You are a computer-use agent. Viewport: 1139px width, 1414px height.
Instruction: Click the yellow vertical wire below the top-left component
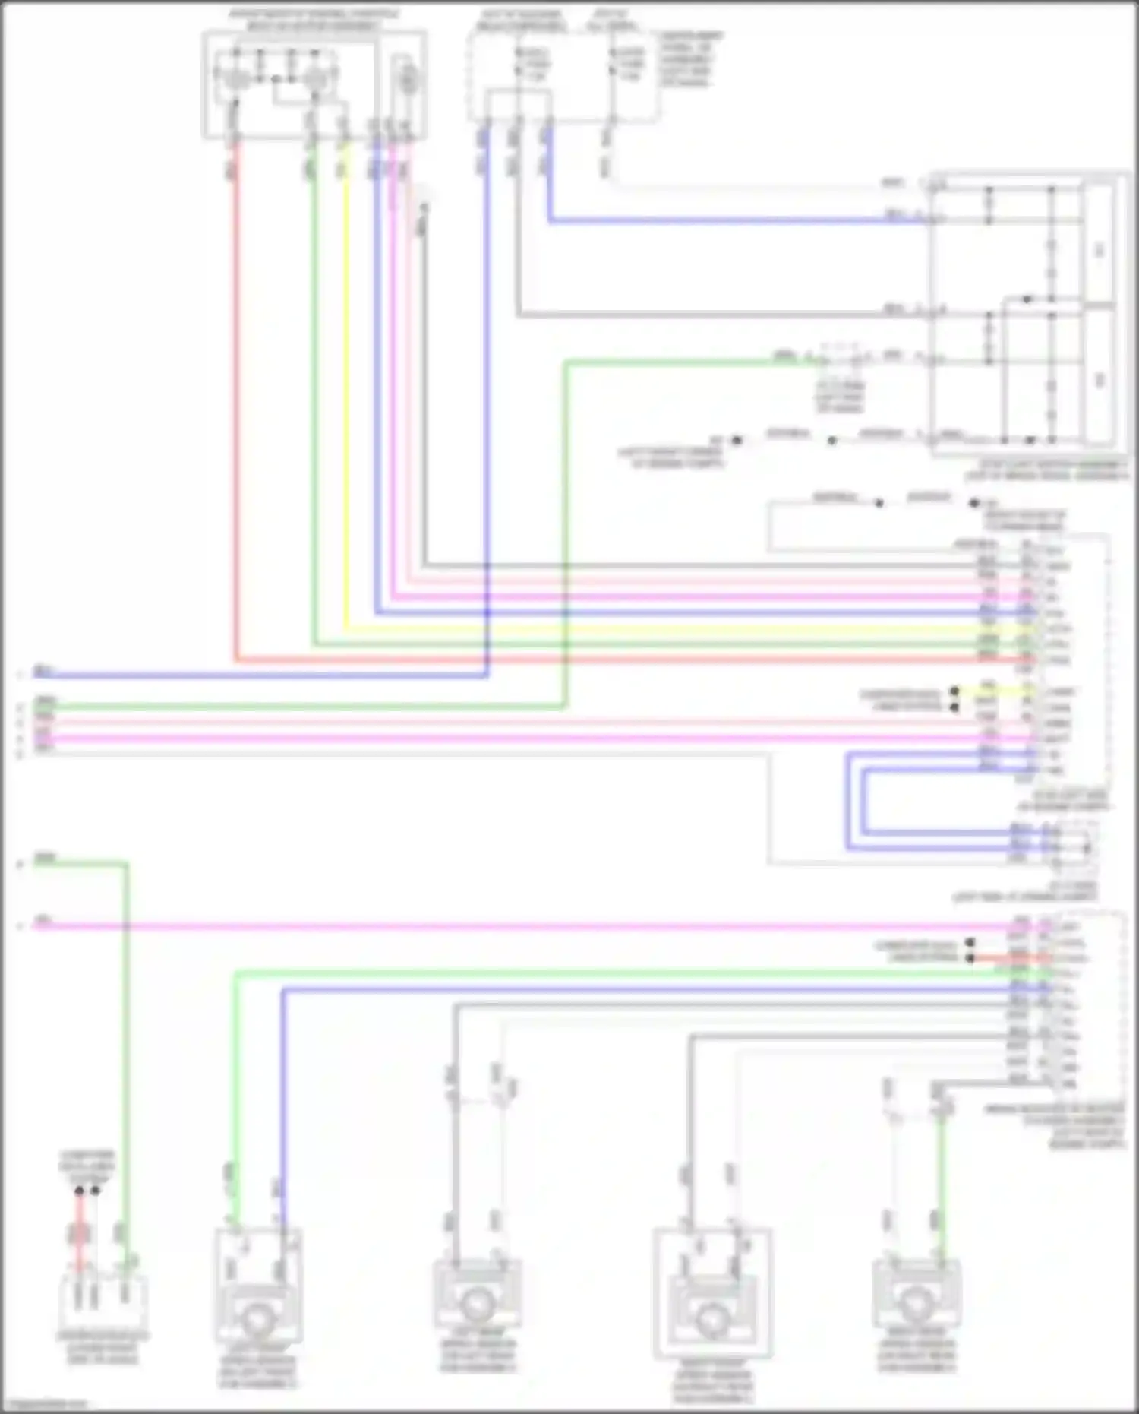[344, 380]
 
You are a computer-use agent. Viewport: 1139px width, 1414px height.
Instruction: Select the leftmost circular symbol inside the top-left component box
[236, 78]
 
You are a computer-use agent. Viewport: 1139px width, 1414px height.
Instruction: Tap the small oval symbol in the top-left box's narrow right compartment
[408, 79]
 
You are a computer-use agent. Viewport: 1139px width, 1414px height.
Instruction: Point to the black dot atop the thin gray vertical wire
[424, 207]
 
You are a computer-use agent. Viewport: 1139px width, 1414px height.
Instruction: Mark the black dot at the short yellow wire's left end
[954, 691]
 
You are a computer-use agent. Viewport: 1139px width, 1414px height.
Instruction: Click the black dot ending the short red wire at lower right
[970, 958]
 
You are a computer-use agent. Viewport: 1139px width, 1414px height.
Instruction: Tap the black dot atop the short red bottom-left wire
[79, 1191]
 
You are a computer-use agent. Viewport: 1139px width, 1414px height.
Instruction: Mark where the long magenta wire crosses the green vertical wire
[126, 926]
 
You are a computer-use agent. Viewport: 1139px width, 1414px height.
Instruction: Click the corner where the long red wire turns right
[235, 660]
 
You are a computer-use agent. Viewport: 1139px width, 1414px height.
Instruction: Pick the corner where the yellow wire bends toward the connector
[344, 629]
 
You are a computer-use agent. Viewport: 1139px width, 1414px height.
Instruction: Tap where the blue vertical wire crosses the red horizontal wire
[487, 660]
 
